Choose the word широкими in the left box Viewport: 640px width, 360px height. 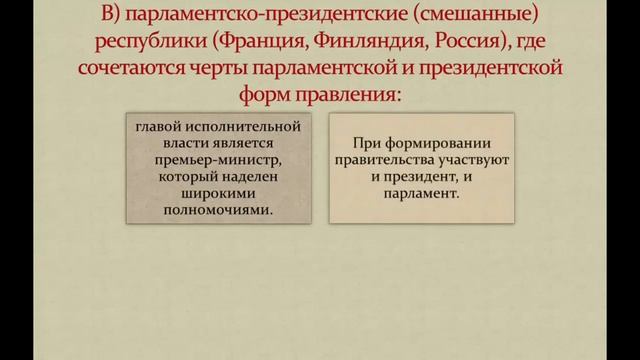tap(200, 195)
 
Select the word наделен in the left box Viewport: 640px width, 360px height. tap(229, 177)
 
